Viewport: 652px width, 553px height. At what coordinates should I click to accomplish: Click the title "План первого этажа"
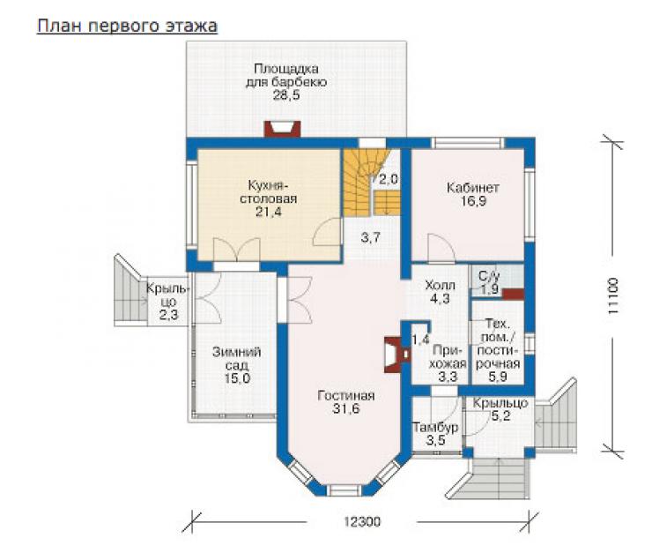coord(127,26)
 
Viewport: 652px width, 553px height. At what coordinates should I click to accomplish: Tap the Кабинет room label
coord(473,188)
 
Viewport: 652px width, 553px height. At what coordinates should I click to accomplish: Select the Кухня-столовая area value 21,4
coord(268,212)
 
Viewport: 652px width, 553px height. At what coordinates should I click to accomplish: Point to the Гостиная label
coord(346,395)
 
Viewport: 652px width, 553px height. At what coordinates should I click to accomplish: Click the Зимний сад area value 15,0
coord(237,378)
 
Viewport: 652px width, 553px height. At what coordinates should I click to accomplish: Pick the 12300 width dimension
coord(362,521)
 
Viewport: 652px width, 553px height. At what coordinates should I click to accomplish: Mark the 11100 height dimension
coord(613,296)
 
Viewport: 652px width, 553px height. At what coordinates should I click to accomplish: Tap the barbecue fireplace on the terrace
coord(283,129)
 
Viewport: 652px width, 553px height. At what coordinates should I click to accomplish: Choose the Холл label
coord(440,286)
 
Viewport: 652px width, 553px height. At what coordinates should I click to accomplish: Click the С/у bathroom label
coord(489,276)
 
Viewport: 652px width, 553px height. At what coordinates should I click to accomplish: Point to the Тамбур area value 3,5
coord(436,440)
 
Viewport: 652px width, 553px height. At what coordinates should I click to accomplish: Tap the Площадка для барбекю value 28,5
coord(286,95)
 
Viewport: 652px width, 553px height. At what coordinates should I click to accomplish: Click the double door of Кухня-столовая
coord(237,250)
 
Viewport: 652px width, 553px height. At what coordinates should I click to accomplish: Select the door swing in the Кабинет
coord(441,248)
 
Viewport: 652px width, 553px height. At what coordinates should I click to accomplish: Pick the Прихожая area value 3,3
coord(448,377)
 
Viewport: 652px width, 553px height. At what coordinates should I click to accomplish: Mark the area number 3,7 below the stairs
coord(370,238)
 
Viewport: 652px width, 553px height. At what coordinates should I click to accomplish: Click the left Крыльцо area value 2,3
coord(168,315)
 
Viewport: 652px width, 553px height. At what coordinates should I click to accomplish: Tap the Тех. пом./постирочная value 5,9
coord(497,377)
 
